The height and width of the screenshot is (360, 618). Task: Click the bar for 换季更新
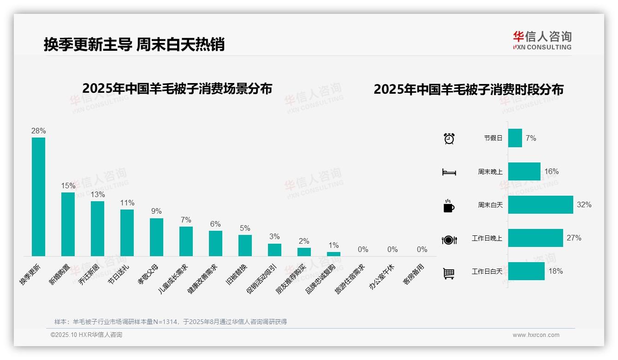[38, 197]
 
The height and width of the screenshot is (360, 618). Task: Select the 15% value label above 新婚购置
[68, 186]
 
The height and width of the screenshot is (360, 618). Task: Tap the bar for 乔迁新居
[97, 228]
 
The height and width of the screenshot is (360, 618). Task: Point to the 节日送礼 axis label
[119, 274]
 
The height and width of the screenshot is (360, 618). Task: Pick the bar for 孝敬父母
[156, 237]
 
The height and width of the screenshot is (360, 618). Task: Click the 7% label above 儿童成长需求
[186, 220]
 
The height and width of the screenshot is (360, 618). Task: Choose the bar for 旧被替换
[245, 245]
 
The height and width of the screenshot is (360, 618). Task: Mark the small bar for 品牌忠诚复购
[333, 254]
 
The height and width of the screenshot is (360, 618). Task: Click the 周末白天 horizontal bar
[541, 204]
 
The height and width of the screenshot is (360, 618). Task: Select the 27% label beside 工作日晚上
[574, 238]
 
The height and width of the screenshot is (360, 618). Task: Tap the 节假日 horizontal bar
[515, 138]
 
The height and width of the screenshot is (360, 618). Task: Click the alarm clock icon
[449, 138]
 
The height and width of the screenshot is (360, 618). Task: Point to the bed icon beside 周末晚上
[449, 172]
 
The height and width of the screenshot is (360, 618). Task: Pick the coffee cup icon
[449, 206]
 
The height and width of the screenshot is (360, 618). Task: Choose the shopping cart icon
[449, 273]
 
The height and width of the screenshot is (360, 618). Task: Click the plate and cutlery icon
[449, 240]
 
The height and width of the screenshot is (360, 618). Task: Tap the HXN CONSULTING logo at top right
[542, 40]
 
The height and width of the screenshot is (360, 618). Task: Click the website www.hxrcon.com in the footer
[536, 335]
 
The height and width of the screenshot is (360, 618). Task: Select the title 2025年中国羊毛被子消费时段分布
[469, 90]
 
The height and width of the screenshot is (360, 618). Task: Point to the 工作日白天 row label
[487, 271]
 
